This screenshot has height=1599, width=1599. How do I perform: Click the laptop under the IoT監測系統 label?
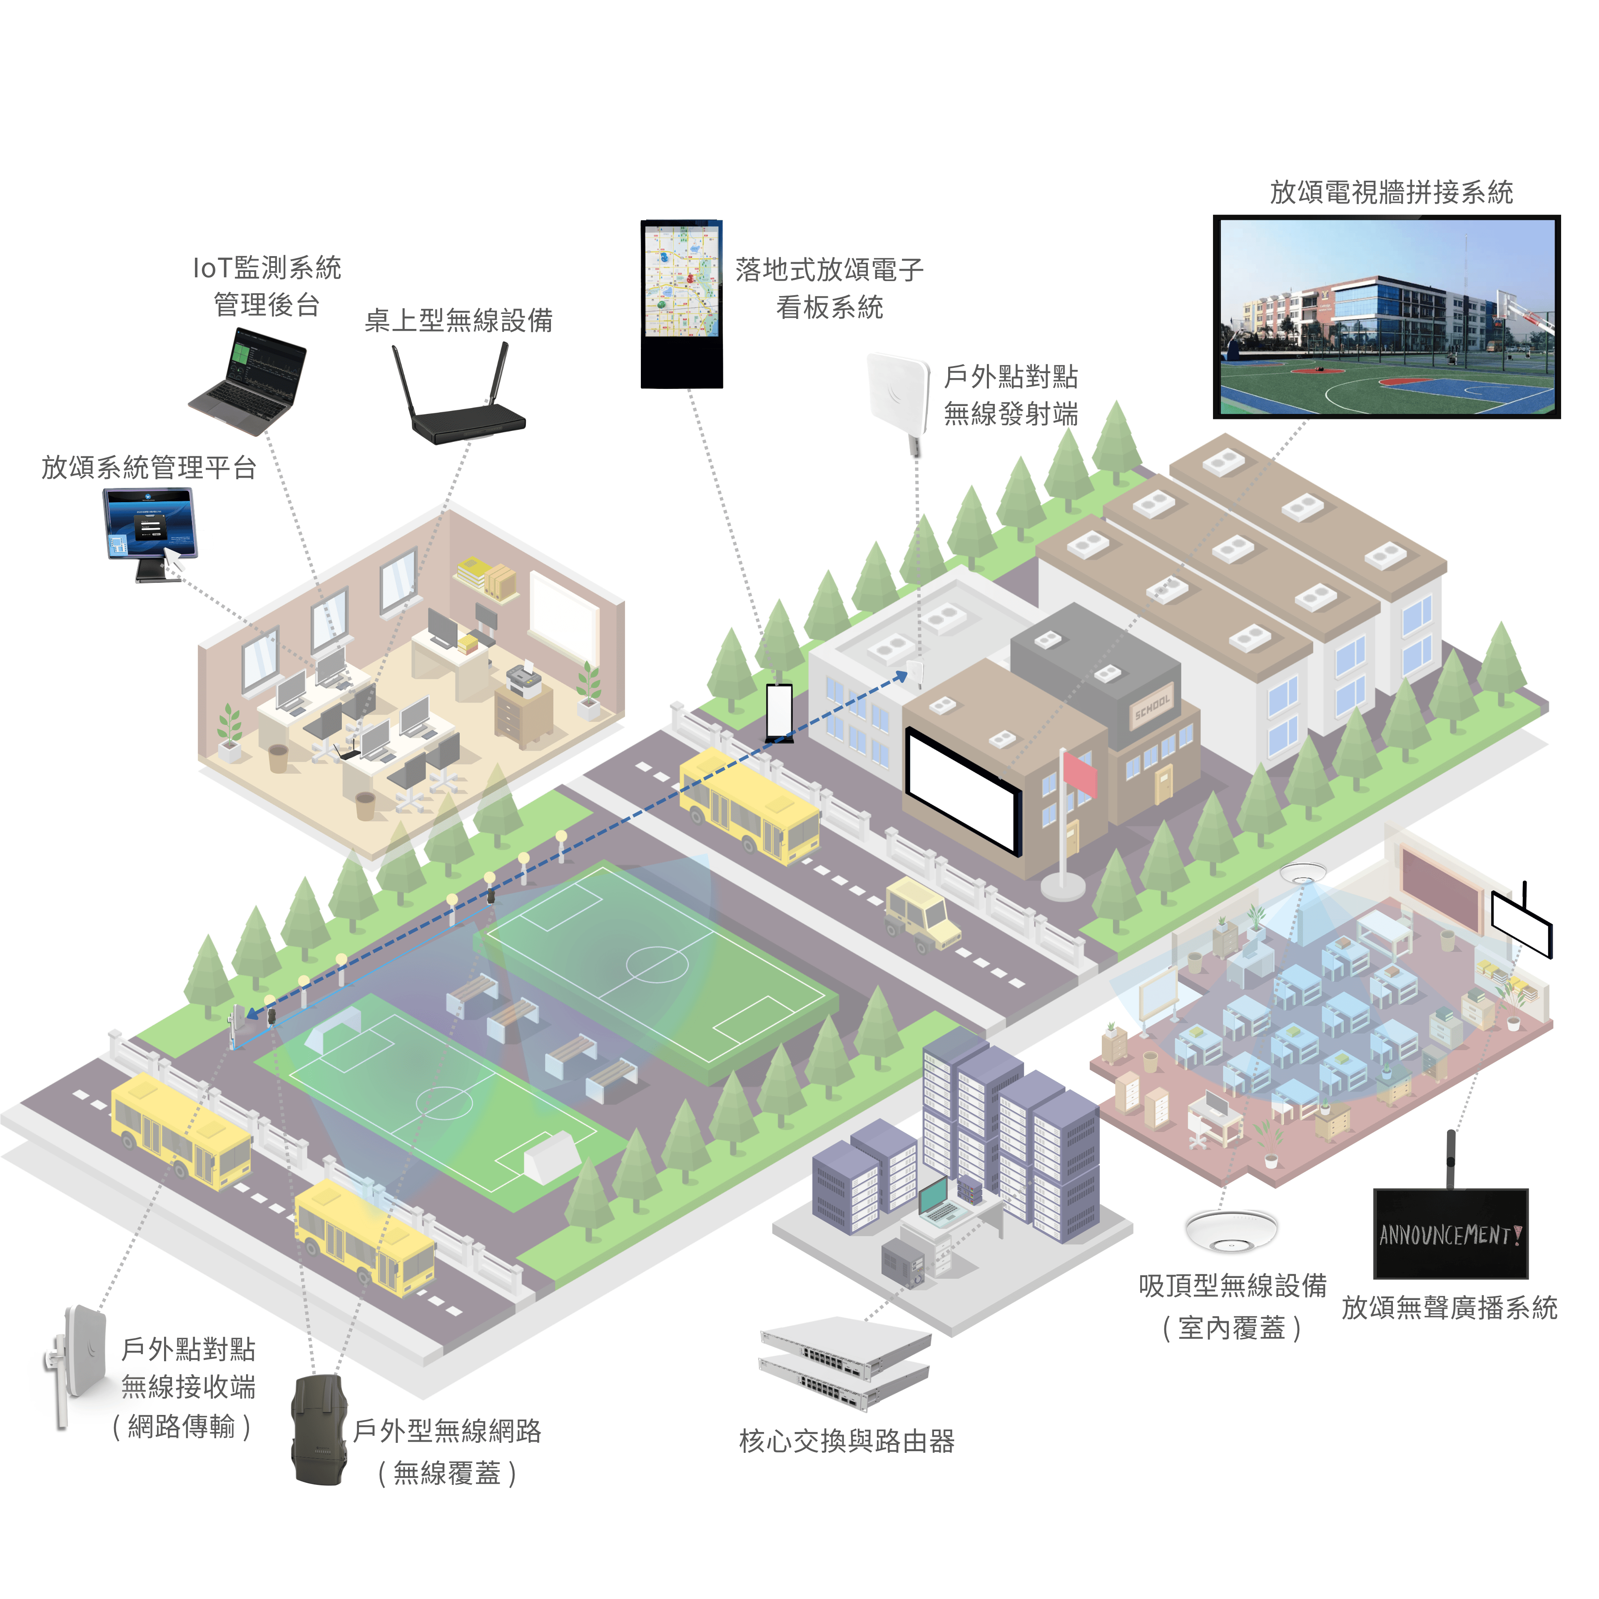248,381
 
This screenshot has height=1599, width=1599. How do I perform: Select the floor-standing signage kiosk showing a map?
681,304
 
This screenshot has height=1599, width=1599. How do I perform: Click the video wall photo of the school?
1386,317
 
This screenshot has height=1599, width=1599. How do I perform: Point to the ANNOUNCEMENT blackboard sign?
1450,1233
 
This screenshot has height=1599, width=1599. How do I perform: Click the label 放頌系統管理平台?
149,468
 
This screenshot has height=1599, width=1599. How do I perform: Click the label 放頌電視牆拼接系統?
1391,192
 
